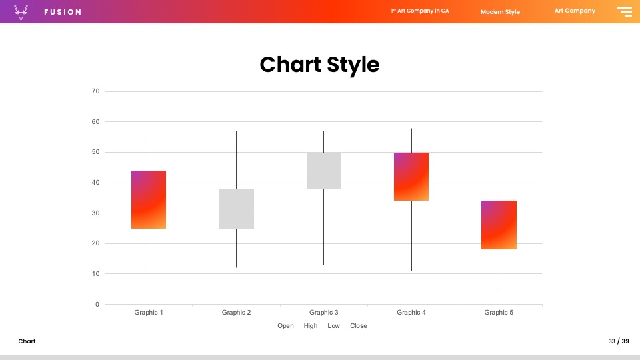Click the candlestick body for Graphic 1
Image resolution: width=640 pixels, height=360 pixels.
(149, 199)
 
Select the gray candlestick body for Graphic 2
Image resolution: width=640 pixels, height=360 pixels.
(236, 209)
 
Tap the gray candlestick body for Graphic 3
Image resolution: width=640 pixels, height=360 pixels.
(324, 171)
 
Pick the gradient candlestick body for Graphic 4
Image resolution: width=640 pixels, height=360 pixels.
(411, 177)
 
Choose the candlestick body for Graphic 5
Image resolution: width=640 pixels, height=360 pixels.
(499, 225)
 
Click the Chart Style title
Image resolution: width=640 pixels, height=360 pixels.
(319, 65)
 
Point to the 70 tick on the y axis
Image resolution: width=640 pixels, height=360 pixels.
(95, 91)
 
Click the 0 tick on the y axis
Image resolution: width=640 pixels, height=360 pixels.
(97, 304)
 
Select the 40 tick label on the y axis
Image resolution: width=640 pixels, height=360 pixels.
(95, 183)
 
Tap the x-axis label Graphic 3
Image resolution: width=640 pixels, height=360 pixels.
(324, 312)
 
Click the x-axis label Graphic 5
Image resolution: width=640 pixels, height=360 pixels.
(499, 312)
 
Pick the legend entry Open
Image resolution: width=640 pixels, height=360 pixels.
(285, 326)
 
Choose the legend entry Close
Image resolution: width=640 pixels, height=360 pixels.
(359, 326)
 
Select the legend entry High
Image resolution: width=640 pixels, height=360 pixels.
(311, 326)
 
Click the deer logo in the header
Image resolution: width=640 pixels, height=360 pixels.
(21, 12)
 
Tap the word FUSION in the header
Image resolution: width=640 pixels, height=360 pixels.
(63, 12)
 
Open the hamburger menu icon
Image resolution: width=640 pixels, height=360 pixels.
(625, 11)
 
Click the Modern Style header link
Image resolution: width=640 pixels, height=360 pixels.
(500, 12)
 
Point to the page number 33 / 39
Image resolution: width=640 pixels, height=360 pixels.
(619, 341)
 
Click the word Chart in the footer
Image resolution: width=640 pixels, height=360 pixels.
(27, 341)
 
